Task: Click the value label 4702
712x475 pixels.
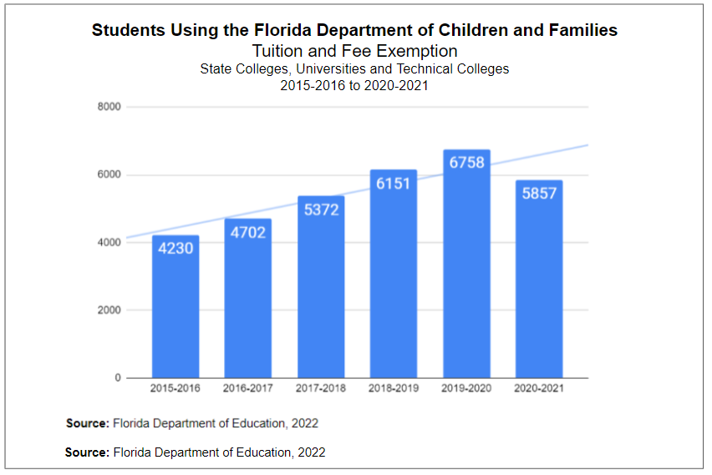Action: click(x=248, y=232)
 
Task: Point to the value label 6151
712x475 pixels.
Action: click(x=394, y=183)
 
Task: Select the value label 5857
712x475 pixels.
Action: click(x=539, y=193)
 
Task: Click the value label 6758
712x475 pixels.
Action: click(x=466, y=163)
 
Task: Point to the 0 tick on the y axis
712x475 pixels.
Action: click(x=117, y=378)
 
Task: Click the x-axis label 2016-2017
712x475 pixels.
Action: click(x=248, y=388)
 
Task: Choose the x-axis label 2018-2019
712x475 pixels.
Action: click(x=394, y=388)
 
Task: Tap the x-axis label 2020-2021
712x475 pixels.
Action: click(x=539, y=388)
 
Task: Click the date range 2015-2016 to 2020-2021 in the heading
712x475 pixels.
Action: click(x=354, y=85)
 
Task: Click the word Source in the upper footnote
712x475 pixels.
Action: click(x=88, y=423)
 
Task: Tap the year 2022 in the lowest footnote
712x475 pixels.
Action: click(x=310, y=452)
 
